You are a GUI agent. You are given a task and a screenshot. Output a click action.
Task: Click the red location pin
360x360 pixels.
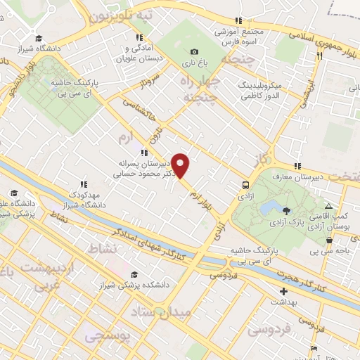click(181, 165)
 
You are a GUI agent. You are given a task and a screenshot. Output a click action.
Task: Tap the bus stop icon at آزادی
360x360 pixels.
click(245, 185)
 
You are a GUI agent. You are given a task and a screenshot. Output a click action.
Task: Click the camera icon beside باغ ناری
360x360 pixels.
click(195, 51)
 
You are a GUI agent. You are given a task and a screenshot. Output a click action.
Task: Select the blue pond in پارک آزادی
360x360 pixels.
click(268, 208)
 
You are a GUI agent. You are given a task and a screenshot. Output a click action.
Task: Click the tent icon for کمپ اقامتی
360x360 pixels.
click(328, 205)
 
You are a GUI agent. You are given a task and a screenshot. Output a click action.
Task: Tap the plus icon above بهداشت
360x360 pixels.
click(283, 291)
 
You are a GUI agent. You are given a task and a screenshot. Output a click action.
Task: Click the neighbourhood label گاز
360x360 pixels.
click(262, 159)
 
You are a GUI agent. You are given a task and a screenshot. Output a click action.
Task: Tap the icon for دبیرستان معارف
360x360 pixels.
click(298, 166)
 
